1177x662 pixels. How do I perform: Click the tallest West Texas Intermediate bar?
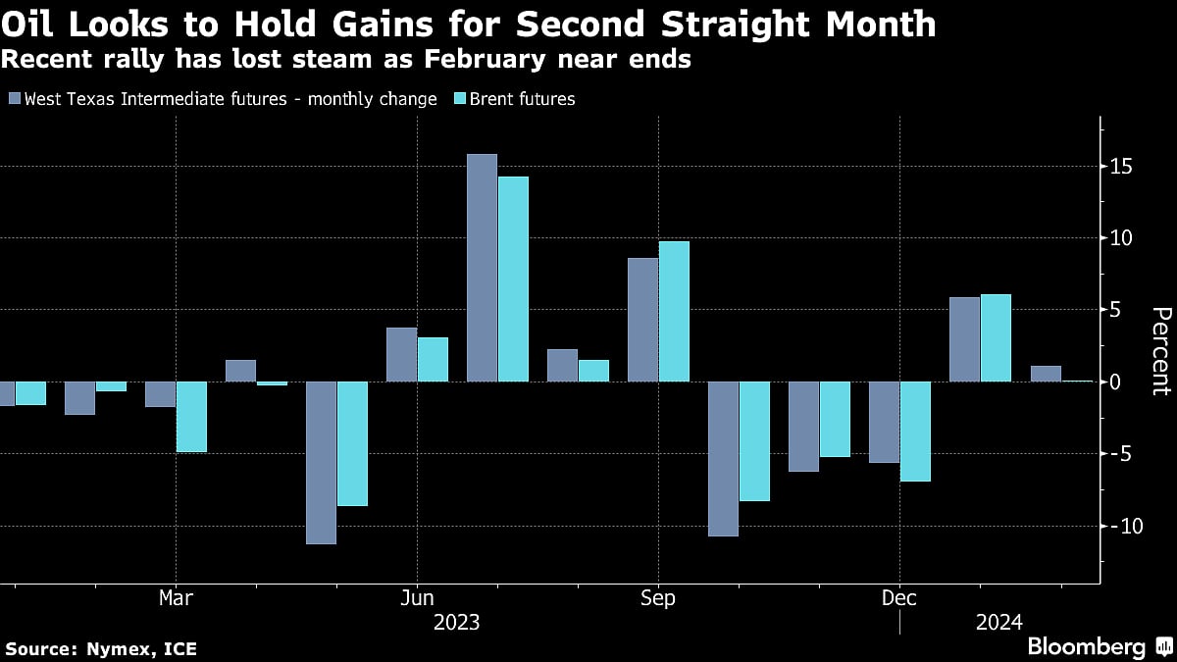482,268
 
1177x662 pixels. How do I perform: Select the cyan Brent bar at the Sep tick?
674,312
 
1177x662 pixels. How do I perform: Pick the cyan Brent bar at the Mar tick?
191,417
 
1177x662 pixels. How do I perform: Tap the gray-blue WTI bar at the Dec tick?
884,422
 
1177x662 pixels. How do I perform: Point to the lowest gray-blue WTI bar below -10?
321,463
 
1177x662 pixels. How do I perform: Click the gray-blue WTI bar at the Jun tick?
401,355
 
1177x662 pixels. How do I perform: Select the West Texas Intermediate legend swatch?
14,98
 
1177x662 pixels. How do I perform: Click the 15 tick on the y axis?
1122,167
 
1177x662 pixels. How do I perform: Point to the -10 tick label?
1122,527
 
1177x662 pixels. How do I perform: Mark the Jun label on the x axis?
417,598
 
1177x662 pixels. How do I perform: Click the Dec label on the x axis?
899,598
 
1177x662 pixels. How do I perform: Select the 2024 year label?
999,622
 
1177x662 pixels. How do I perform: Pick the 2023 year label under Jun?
457,622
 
